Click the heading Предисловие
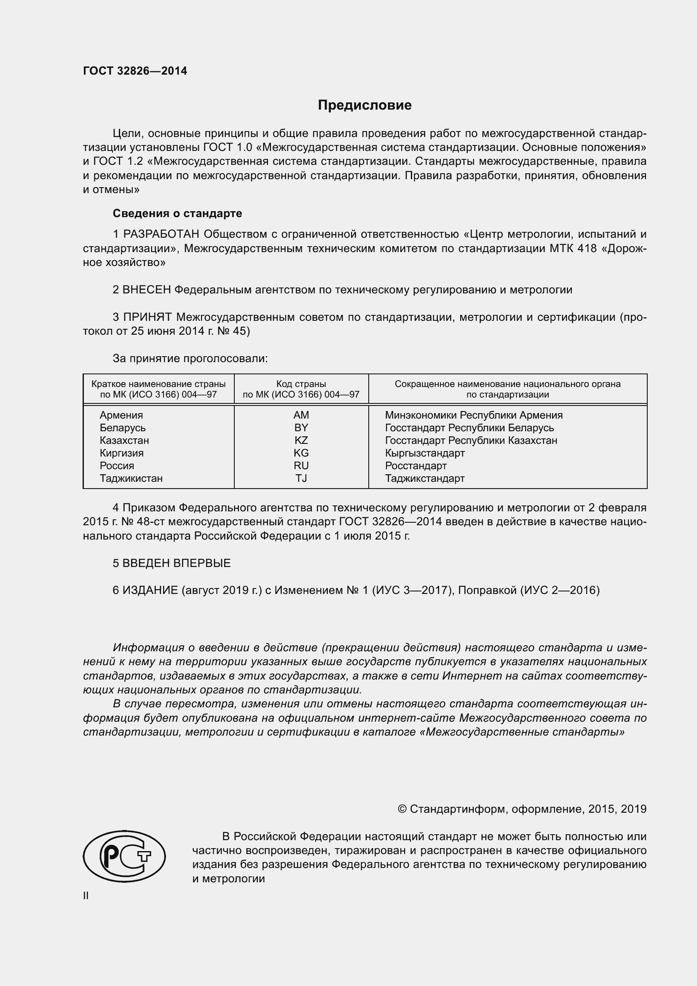point(365,105)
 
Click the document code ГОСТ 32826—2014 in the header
point(135,71)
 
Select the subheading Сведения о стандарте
point(177,213)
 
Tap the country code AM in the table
point(301,415)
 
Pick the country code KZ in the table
point(301,440)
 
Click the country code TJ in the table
point(301,478)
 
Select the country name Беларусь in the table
point(123,428)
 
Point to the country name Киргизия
point(121,453)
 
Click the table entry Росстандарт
point(416,465)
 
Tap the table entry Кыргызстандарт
point(424,453)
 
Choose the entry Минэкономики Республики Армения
point(473,415)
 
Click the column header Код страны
point(301,384)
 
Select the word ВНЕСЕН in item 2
point(147,290)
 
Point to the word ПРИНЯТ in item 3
point(147,317)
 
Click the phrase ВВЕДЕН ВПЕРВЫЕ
point(177,563)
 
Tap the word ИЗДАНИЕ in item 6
point(150,590)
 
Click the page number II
point(86,896)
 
